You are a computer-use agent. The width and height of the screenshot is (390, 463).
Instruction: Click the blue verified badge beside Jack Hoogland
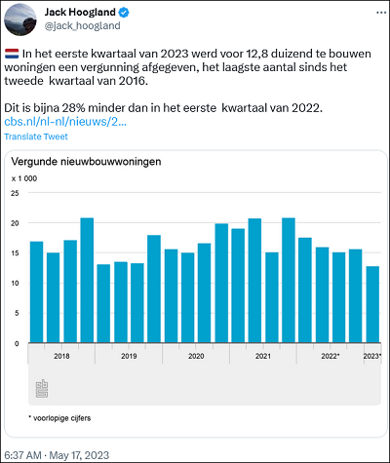click(124, 13)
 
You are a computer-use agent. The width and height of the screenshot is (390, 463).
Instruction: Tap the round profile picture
click(20, 19)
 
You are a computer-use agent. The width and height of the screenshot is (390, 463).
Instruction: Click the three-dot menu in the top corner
click(381, 13)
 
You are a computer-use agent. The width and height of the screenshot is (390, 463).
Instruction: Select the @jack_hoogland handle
click(82, 25)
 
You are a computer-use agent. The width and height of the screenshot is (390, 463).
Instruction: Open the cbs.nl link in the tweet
click(65, 122)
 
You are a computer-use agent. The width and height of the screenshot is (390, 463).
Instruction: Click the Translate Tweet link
click(36, 136)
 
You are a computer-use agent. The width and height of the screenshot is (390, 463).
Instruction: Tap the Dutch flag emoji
click(12, 54)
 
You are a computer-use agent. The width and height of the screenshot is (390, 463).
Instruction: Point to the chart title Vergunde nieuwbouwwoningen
click(86, 162)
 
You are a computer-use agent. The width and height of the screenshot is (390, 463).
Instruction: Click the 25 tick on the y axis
click(15, 193)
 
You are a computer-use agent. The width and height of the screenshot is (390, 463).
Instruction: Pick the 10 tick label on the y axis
click(15, 283)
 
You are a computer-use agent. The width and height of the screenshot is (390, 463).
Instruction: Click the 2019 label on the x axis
click(129, 356)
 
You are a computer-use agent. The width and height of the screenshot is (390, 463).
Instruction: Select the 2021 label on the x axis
click(263, 356)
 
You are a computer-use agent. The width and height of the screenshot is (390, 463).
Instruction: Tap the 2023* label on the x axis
click(372, 356)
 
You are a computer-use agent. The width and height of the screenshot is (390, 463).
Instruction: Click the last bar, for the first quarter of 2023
click(372, 304)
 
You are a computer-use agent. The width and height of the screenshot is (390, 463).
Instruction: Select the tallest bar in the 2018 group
click(87, 281)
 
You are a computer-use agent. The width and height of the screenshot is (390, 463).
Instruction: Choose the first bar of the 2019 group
click(103, 303)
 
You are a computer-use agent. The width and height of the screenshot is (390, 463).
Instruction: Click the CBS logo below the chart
click(42, 388)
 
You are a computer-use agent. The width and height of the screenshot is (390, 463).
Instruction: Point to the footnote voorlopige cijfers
click(59, 418)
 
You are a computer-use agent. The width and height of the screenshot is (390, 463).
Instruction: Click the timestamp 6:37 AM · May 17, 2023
click(57, 455)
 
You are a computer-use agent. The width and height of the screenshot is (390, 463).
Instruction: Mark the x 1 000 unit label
click(24, 178)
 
